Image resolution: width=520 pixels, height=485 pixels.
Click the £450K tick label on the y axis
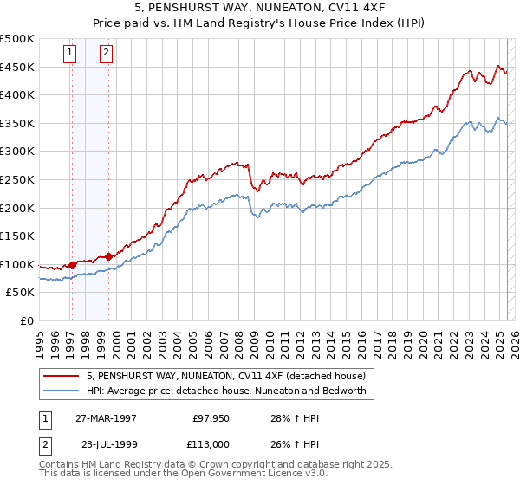(17, 67)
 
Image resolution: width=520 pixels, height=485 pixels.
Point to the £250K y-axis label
(17, 179)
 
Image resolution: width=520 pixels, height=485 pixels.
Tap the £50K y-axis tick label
(21, 293)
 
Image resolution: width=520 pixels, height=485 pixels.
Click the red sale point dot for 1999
(108, 256)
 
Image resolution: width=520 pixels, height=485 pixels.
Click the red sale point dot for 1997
(73, 265)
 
